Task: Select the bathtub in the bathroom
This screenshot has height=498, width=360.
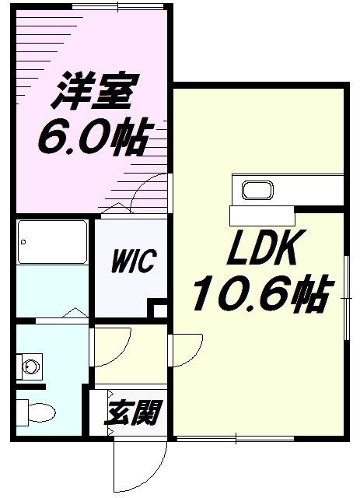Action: pyautogui.click(x=51, y=240)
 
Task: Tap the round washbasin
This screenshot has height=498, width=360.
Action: pyautogui.click(x=31, y=365)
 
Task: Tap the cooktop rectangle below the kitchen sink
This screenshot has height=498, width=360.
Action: pyautogui.click(x=261, y=212)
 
